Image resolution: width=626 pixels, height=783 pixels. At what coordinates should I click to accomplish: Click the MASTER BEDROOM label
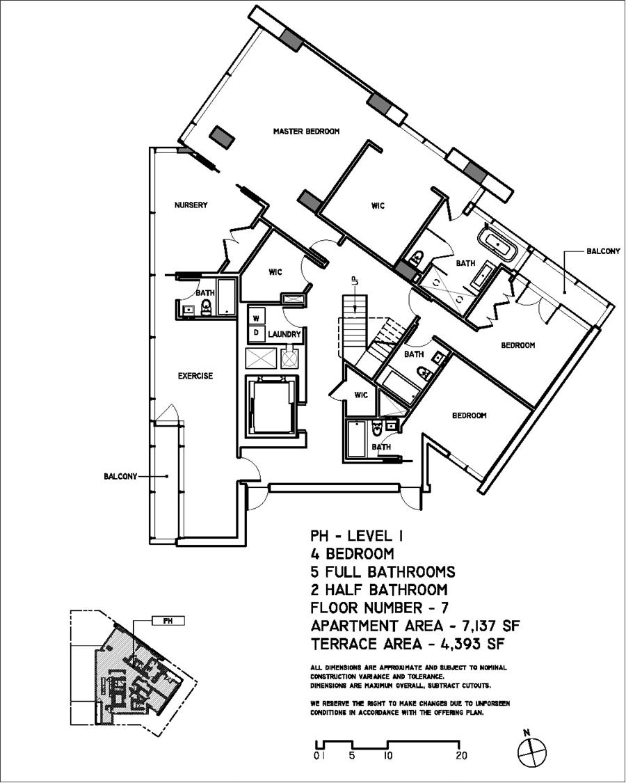(x=306, y=131)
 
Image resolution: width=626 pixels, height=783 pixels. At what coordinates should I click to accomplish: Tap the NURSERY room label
(x=191, y=205)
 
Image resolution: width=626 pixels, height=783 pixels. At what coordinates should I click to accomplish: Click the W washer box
(x=255, y=317)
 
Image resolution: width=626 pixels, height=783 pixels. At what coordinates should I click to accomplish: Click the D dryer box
(x=255, y=332)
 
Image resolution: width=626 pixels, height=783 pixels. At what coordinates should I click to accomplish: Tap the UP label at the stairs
(x=354, y=282)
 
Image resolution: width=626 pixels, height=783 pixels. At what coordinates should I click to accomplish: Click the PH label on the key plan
(x=167, y=620)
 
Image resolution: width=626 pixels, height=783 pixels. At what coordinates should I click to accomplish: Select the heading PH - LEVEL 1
(x=357, y=537)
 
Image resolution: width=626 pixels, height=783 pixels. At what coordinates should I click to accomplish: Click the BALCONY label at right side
(x=603, y=251)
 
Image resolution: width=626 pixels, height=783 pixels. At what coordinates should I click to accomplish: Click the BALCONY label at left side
(x=120, y=477)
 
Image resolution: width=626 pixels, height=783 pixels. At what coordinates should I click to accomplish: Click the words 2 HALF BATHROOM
(x=378, y=590)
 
